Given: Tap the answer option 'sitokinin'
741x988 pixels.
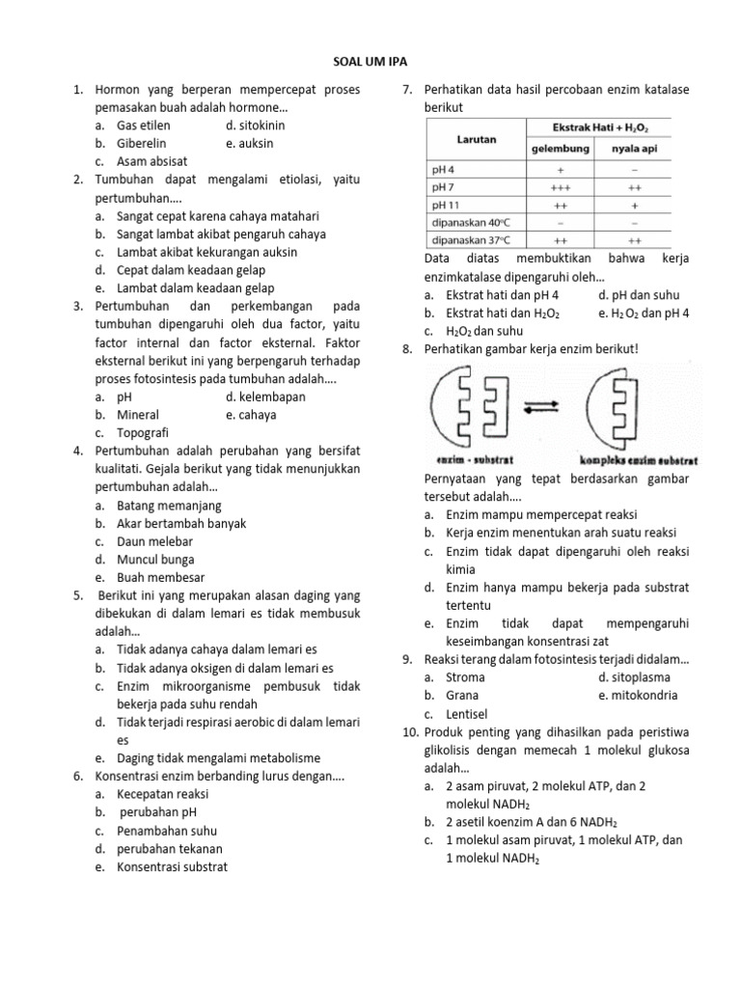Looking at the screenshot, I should tap(256, 125).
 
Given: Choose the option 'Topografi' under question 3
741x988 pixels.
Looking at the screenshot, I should tap(147, 433).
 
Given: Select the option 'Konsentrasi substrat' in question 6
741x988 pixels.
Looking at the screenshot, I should tap(172, 866).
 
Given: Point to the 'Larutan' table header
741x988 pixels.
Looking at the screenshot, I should tap(476, 139).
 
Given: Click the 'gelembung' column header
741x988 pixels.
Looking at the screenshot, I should tap(562, 149).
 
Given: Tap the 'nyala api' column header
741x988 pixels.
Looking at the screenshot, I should tap(632, 149).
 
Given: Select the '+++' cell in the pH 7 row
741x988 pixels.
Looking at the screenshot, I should tap(561, 188).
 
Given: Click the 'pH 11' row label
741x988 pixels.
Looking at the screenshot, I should tap(446, 206).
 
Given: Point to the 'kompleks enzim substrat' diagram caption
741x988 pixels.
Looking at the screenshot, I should tap(639, 460).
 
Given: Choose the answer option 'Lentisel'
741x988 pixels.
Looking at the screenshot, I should tap(467, 713).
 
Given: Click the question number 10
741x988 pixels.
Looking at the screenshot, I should tap(407, 732).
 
